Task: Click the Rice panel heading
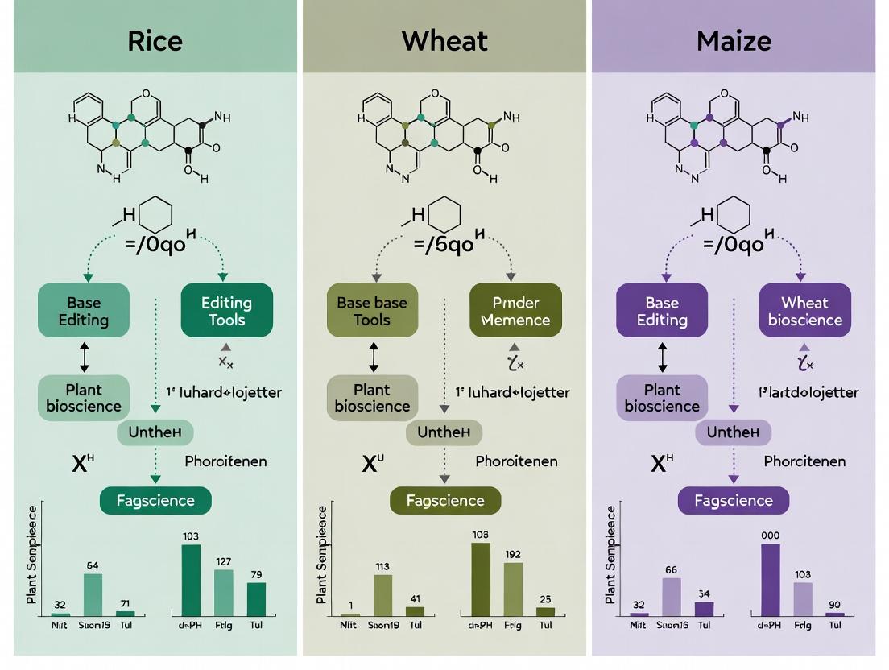pos(155,40)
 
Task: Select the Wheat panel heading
pos(444,40)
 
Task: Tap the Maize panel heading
pos(733,40)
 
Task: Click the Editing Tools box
pos(226,311)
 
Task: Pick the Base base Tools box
pos(372,311)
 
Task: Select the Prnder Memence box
pos(515,311)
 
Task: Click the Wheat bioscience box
pos(804,311)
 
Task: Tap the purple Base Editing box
pos(662,311)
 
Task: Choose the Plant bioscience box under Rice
pos(84,398)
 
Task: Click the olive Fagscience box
pos(445,500)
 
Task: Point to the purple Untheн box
pos(733,432)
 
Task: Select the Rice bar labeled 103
pos(191,580)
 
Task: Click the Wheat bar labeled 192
pos(513,589)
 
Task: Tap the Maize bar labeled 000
pos(771,580)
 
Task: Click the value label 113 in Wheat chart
pos(382,566)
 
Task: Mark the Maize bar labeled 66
pos(672,597)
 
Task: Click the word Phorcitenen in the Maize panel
pos(804,461)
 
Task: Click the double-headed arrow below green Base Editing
pos(84,355)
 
